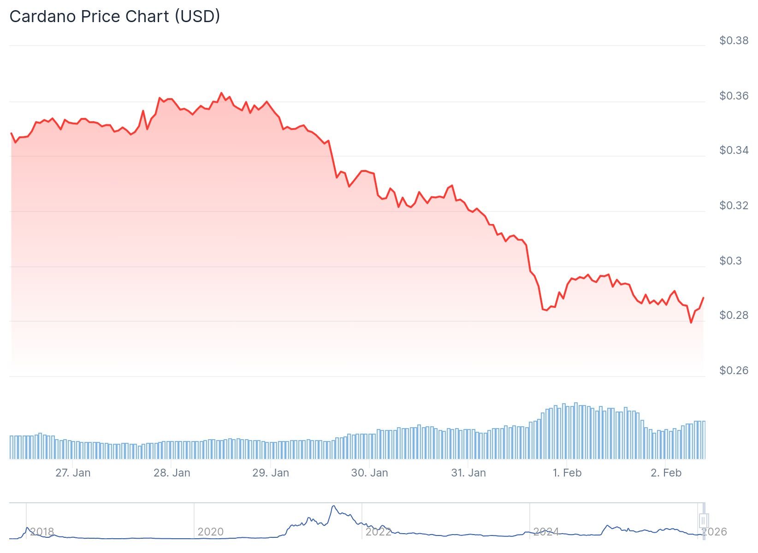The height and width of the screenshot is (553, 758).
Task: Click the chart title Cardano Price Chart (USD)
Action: point(114,17)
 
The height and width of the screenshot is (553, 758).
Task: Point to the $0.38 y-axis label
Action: point(734,41)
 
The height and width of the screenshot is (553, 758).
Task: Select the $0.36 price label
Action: point(734,96)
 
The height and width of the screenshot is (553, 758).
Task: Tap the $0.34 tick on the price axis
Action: point(734,150)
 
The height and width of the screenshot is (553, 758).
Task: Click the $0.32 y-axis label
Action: point(734,206)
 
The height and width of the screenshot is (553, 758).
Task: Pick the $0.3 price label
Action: point(730,261)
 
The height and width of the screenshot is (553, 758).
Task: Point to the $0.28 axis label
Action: point(734,315)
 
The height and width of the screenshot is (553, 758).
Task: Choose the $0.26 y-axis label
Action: point(734,371)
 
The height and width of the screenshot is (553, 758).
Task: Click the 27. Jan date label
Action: point(73,473)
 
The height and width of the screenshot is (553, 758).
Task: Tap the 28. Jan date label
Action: point(172,473)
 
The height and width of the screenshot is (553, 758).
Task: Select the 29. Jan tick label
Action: point(271,473)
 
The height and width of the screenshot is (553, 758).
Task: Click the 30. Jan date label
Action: point(369,473)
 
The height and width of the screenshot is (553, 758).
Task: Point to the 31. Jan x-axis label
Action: point(468,473)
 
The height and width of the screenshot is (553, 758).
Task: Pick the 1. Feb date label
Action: point(567,473)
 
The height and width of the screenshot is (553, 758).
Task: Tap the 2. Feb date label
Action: point(666,473)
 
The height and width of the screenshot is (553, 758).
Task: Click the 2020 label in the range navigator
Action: point(210,532)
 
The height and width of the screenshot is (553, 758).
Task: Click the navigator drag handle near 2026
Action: point(703,521)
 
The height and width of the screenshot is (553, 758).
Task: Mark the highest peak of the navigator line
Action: point(333,506)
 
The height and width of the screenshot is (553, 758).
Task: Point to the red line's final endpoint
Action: point(704,298)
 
